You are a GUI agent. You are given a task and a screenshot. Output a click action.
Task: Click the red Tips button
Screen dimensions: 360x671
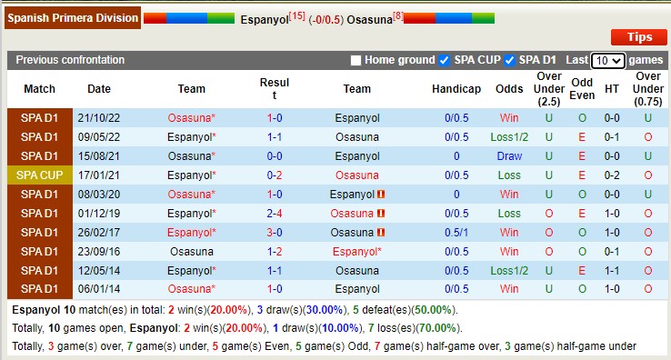coord(639,37)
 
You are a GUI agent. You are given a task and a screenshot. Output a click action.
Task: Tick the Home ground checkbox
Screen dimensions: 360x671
coord(356,61)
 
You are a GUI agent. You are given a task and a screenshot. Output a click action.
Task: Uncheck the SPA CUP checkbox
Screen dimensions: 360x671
coord(444,61)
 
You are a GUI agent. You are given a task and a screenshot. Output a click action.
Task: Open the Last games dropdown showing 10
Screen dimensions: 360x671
coord(607,61)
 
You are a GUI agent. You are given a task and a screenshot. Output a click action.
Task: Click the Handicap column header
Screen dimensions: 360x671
coord(456,89)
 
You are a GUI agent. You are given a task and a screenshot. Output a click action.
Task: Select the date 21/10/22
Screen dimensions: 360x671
coord(99,118)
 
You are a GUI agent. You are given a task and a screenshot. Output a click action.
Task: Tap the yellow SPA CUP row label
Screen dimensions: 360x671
coord(39,175)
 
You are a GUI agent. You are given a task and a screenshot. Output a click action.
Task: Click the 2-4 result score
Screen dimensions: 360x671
coord(275,214)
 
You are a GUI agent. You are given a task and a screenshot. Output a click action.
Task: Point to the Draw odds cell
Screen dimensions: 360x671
coord(509,156)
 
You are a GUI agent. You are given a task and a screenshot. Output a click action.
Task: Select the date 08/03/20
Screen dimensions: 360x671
coord(99,195)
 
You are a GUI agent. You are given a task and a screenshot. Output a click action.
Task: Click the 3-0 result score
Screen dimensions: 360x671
coord(275,233)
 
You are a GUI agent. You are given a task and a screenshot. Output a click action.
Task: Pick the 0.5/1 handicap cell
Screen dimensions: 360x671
coord(456,233)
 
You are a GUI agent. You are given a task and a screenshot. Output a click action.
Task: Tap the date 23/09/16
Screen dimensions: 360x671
coord(99,252)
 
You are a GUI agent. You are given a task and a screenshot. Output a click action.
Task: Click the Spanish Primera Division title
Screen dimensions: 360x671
coord(73,17)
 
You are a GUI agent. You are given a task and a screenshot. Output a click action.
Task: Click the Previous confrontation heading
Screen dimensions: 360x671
coord(70,60)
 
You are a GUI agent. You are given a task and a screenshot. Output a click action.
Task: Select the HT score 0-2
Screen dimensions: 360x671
coord(612,175)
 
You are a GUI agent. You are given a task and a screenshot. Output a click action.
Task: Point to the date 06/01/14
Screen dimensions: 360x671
coord(99,290)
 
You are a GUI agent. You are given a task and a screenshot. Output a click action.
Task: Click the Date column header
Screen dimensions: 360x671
coord(99,89)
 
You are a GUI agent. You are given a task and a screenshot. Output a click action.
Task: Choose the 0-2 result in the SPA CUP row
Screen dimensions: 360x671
coord(275,175)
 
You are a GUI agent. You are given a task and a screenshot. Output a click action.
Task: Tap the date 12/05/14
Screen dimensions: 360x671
coord(99,271)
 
